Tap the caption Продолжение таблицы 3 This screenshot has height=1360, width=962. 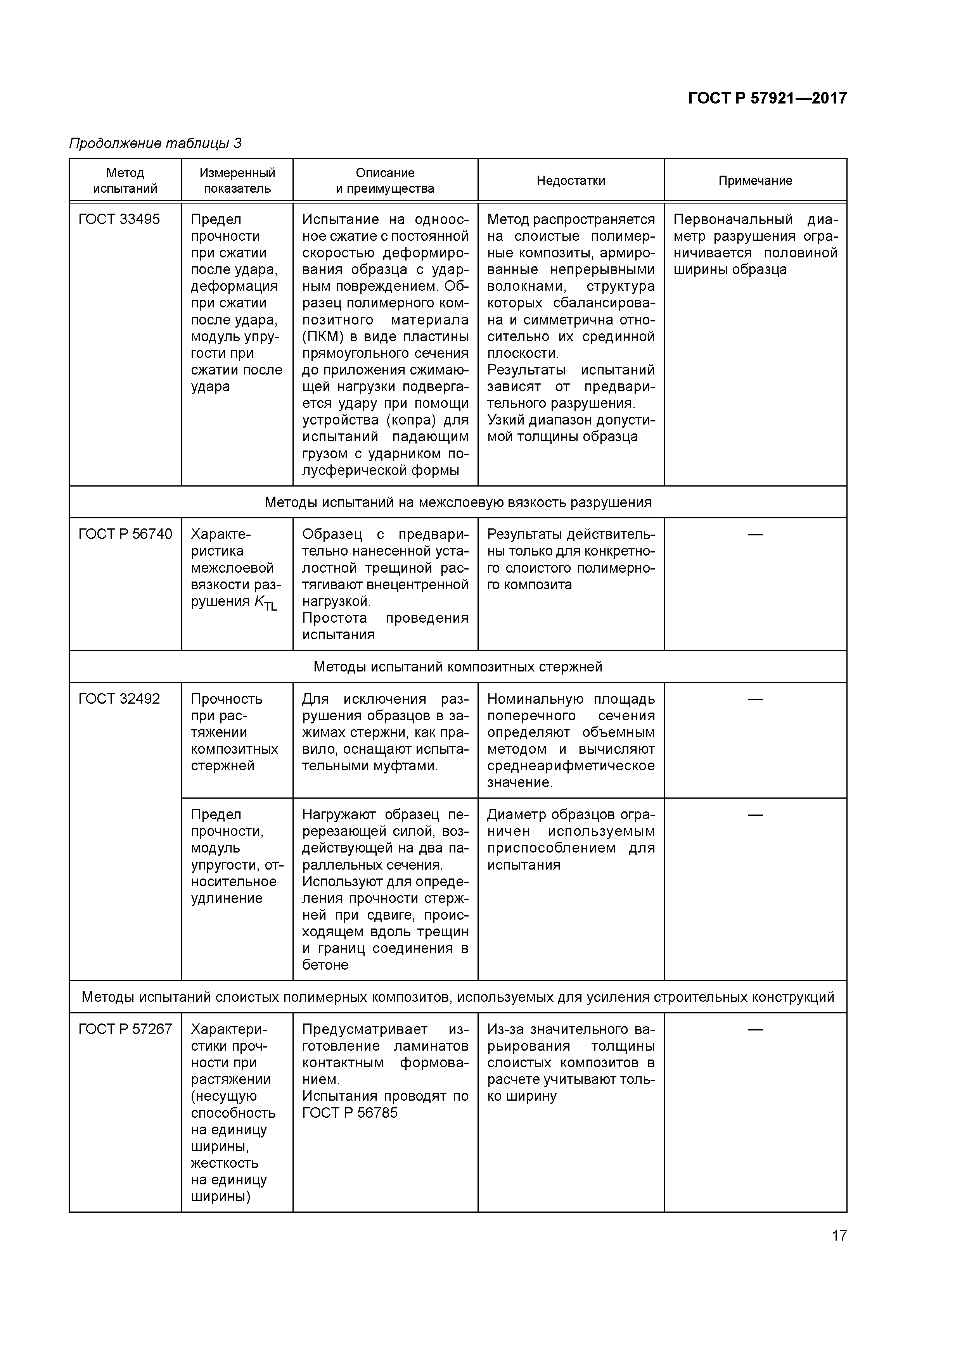pos(155,143)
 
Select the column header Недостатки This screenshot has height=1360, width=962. pos(570,181)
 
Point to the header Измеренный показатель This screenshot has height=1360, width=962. pos(237,181)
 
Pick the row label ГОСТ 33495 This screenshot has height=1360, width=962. pos(119,220)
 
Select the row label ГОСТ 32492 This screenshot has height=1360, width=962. pos(119,699)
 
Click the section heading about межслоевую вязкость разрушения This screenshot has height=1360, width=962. pos(458,503)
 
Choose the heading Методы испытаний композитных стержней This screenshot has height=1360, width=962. pos(458,667)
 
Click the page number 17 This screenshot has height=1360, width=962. pos(839,1236)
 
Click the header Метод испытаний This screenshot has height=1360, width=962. pos(125,181)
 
